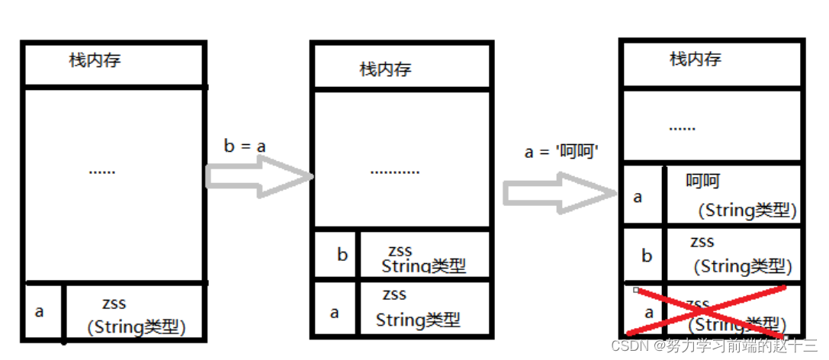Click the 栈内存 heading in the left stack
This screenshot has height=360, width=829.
pos(95,61)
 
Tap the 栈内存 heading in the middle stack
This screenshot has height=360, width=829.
pos(385,69)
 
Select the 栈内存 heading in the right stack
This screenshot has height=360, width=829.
pos(695,59)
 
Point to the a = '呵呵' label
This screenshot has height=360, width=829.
pos(561,150)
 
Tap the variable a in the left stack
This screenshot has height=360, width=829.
pos(40,311)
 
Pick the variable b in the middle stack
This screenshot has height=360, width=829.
pos(342,254)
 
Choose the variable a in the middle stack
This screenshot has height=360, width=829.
pos(334,312)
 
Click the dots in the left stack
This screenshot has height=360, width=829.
pos(101,172)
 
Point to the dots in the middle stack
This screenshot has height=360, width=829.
pos(394,172)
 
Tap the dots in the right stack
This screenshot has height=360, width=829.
pos(682,127)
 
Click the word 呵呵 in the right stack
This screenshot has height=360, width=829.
pos(702,182)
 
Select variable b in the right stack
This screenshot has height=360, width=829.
pos(647,256)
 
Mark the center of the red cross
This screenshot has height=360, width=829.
pos(705,311)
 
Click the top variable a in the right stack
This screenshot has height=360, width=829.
pos(638,197)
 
